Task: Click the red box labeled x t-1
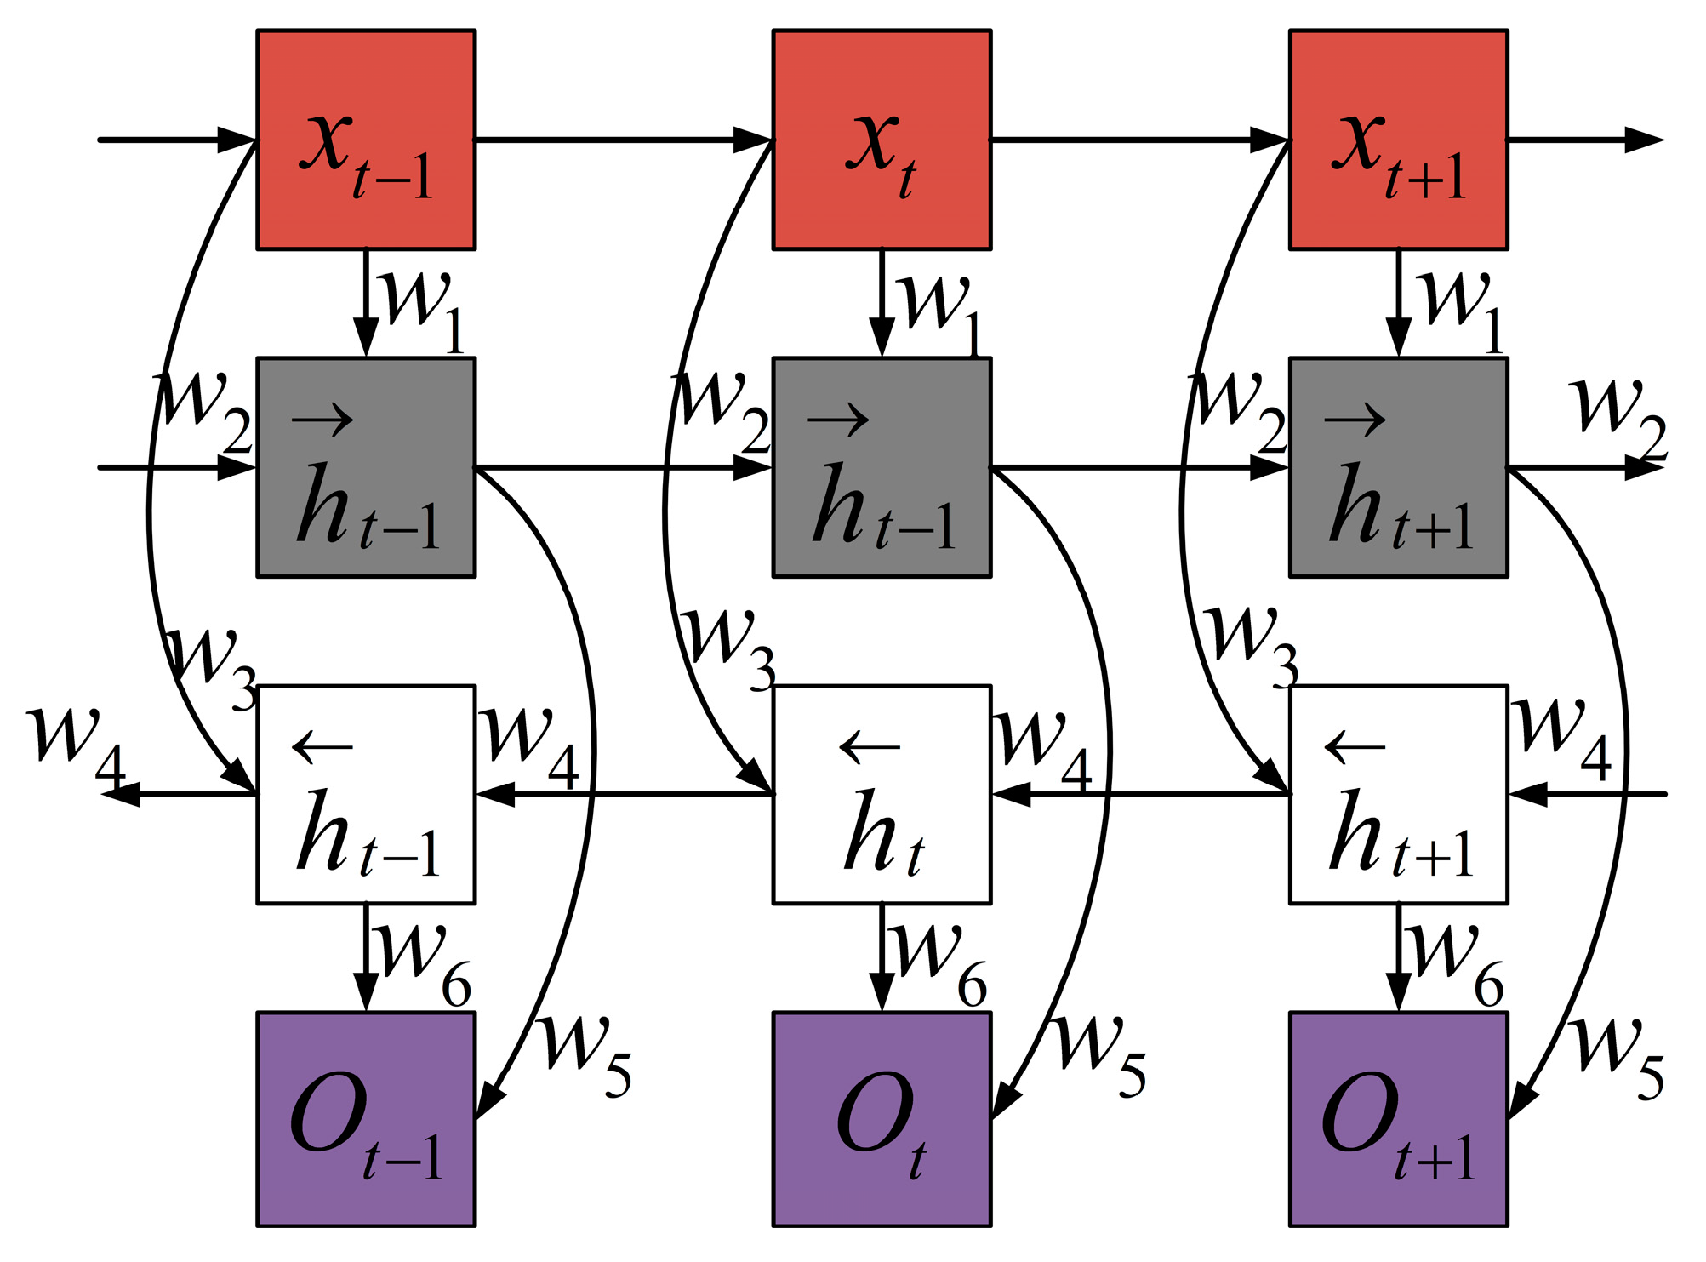pyautogui.click(x=366, y=140)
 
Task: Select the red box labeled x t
pyautogui.click(x=882, y=140)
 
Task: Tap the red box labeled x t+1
pyautogui.click(x=1398, y=140)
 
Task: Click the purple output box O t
pyautogui.click(x=882, y=1119)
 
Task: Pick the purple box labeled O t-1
pyautogui.click(x=366, y=1119)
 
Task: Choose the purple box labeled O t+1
pyautogui.click(x=1398, y=1119)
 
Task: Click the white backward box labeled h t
pyautogui.click(x=882, y=794)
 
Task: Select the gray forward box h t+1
pyautogui.click(x=1398, y=467)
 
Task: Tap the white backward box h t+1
pyautogui.click(x=1398, y=794)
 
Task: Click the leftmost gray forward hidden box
pyautogui.click(x=366, y=467)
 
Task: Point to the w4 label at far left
pyautogui.click(x=77, y=742)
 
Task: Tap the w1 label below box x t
pyautogui.click(x=940, y=311)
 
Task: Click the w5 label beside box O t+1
pyautogui.click(x=1617, y=1055)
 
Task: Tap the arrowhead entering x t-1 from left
pyautogui.click(x=237, y=140)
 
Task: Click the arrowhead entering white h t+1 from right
pyautogui.click(x=1528, y=794)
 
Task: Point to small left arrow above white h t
pyautogui.click(x=869, y=747)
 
